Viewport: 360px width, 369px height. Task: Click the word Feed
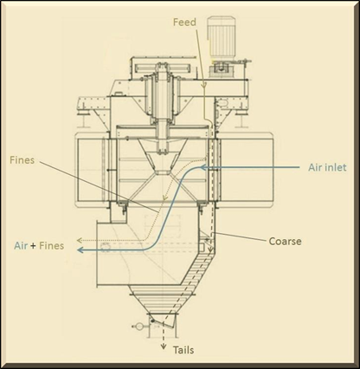[184, 23]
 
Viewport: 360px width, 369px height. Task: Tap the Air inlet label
[327, 167]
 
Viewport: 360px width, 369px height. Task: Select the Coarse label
[285, 241]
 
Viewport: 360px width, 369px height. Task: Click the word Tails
[183, 350]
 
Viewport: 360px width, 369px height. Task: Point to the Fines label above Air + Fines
[22, 160]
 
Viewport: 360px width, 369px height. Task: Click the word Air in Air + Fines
[21, 246]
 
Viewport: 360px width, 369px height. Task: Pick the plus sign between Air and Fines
[34, 246]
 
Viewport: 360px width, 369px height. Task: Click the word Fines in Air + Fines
[51, 246]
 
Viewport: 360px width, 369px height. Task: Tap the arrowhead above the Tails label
[164, 346]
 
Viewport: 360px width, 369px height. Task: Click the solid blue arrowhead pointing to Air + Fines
[80, 250]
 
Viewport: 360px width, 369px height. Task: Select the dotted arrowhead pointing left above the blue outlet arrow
[79, 240]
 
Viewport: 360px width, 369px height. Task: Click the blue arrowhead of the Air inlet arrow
[202, 167]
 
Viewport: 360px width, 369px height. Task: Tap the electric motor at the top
[222, 38]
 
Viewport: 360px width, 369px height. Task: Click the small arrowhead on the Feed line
[204, 85]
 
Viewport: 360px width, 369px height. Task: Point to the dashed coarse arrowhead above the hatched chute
[211, 250]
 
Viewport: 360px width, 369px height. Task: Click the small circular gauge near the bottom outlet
[138, 327]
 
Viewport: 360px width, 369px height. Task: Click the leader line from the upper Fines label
[99, 187]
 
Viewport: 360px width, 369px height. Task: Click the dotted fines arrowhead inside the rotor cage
[165, 197]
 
